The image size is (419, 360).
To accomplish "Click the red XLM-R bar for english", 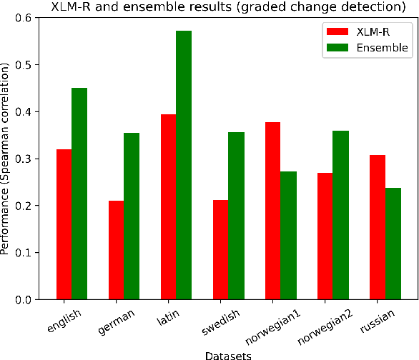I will click(x=63, y=224).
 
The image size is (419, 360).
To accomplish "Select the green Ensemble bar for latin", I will click(x=184, y=165).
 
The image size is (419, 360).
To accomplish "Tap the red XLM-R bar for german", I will click(x=116, y=250).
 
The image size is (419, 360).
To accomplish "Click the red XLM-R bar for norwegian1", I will click(x=272, y=211).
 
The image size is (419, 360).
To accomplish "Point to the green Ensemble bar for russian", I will click(x=393, y=244).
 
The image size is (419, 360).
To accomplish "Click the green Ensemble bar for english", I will click(x=79, y=194).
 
